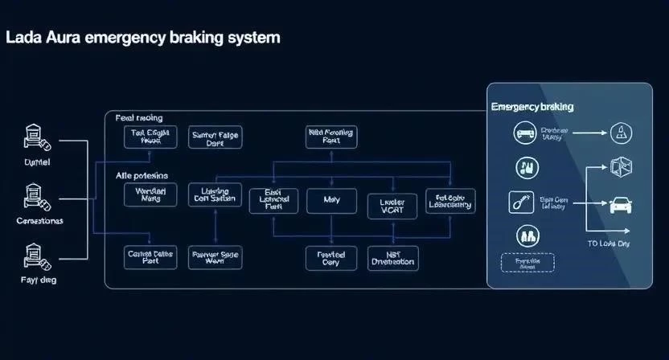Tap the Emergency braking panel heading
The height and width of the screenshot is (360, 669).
click(x=532, y=106)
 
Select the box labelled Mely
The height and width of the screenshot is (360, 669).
click(x=331, y=200)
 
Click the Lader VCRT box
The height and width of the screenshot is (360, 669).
click(x=391, y=207)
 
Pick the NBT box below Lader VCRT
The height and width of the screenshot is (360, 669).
click(x=392, y=258)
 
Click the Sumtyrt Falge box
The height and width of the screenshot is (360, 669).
click(x=215, y=137)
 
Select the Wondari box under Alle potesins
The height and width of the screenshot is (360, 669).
click(x=150, y=195)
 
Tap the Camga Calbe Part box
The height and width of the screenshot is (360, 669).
click(x=150, y=257)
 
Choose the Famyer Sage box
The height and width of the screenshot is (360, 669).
click(x=215, y=257)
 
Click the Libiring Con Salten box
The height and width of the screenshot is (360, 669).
click(x=215, y=195)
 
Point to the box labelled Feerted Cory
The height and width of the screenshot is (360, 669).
click(x=331, y=258)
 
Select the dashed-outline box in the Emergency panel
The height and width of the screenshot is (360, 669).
click(x=527, y=263)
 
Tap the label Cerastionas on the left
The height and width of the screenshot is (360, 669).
click(x=39, y=220)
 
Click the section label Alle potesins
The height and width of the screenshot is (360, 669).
click(x=142, y=174)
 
